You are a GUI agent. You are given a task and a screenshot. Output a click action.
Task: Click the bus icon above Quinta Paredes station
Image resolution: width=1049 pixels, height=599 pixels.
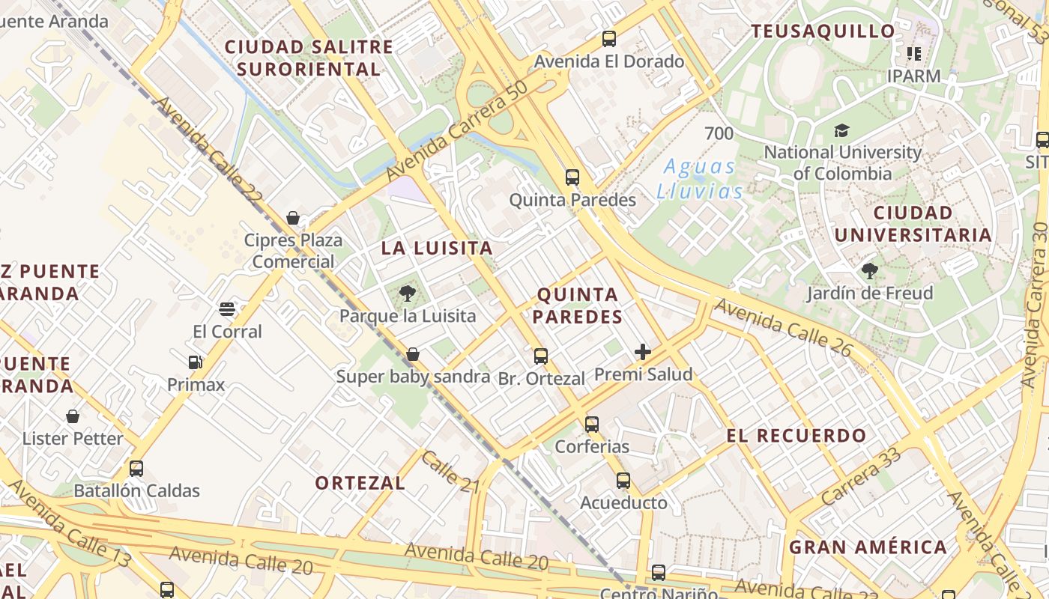(x=572, y=177)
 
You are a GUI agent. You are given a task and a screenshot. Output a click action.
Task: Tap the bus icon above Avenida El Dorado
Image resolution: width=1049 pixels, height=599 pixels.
(x=609, y=39)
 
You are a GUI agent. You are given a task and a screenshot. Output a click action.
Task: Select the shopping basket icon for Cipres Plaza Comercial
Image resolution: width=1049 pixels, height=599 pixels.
(x=293, y=218)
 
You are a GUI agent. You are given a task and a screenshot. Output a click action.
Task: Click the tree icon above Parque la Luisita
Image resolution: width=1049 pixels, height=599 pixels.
(x=408, y=293)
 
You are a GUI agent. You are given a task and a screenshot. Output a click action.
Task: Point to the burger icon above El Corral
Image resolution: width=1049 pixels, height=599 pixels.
(x=227, y=308)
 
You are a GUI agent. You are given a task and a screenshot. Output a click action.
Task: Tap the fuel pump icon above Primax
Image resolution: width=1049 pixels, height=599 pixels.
(x=196, y=362)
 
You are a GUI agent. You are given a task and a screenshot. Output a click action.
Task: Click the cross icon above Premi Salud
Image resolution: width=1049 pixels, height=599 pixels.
(x=643, y=352)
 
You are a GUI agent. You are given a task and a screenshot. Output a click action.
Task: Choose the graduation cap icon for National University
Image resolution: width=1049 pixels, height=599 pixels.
(x=842, y=130)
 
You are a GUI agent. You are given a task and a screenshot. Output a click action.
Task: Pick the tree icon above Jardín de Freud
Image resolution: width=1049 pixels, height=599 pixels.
(x=870, y=270)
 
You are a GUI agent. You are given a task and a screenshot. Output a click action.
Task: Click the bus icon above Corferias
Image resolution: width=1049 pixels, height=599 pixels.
(x=592, y=425)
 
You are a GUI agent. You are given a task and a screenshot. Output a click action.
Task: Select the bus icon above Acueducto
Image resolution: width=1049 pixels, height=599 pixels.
(x=623, y=481)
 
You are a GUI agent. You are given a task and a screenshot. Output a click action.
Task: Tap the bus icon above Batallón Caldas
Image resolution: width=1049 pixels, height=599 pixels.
(x=136, y=469)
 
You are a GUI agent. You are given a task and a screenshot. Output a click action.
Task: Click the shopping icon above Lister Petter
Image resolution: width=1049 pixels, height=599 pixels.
(x=73, y=416)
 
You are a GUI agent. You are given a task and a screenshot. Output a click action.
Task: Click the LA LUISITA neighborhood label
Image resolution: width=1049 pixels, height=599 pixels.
(x=437, y=249)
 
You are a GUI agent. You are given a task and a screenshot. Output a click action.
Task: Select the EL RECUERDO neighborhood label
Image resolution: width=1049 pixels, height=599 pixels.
(x=796, y=436)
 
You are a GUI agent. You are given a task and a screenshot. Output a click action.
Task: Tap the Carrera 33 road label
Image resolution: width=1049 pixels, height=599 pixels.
(x=860, y=476)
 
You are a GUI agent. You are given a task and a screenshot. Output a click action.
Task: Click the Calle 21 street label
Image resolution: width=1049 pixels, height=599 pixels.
(x=450, y=472)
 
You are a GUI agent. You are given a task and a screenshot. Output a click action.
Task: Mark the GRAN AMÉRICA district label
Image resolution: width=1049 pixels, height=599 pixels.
(x=868, y=547)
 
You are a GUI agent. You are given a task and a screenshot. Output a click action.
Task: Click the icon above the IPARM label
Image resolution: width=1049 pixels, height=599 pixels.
(x=913, y=53)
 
